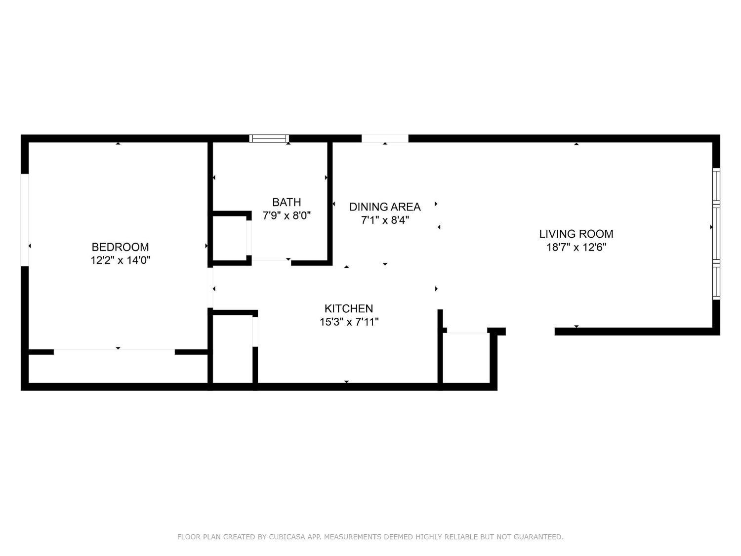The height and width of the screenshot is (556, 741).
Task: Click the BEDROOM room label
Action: (120, 247)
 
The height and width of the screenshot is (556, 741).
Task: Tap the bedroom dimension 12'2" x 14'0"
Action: (120, 260)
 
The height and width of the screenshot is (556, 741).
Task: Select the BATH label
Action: (287, 202)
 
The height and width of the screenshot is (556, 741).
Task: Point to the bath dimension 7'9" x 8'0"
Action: (287, 215)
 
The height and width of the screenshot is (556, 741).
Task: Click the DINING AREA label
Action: (385, 207)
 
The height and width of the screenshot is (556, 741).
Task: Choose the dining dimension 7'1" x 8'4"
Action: (385, 220)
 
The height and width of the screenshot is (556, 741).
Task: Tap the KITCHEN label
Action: (349, 308)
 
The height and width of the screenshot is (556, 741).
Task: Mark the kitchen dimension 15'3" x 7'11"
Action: (349, 322)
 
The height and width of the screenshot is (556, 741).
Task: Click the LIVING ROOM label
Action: (576, 234)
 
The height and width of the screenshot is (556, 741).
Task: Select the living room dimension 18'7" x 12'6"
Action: (576, 247)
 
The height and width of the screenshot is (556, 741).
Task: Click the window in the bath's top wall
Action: (269, 138)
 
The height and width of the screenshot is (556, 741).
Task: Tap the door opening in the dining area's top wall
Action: (385, 138)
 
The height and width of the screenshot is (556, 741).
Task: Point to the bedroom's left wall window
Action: (24, 219)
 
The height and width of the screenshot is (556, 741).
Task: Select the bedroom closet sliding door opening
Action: (114, 351)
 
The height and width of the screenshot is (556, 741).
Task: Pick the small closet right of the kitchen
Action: (466, 358)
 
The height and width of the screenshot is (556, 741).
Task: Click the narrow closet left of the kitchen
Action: (232, 349)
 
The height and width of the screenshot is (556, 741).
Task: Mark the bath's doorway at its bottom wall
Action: (271, 261)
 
